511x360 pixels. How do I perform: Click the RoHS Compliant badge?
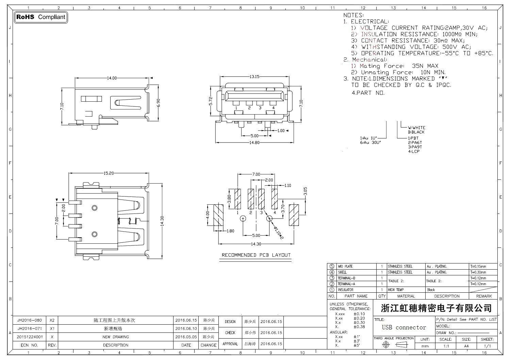click(x=40, y=17)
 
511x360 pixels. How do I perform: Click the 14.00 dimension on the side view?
click(x=112, y=78)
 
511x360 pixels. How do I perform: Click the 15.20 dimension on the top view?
click(x=109, y=173)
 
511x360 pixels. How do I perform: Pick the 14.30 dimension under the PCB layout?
click(x=256, y=244)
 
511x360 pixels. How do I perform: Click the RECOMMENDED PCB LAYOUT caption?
click(x=256, y=255)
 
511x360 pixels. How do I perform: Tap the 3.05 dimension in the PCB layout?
click(x=305, y=191)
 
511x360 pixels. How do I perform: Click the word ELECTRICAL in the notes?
click(x=369, y=21)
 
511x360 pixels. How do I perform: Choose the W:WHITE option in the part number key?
click(x=416, y=128)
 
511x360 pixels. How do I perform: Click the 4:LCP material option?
click(x=414, y=152)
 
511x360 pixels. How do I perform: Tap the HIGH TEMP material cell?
click(x=396, y=290)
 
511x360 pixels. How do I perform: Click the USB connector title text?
click(x=404, y=328)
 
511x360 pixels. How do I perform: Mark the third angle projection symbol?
click(x=394, y=345)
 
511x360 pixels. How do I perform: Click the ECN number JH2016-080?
click(x=30, y=321)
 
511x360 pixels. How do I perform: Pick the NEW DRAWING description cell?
click(x=116, y=337)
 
